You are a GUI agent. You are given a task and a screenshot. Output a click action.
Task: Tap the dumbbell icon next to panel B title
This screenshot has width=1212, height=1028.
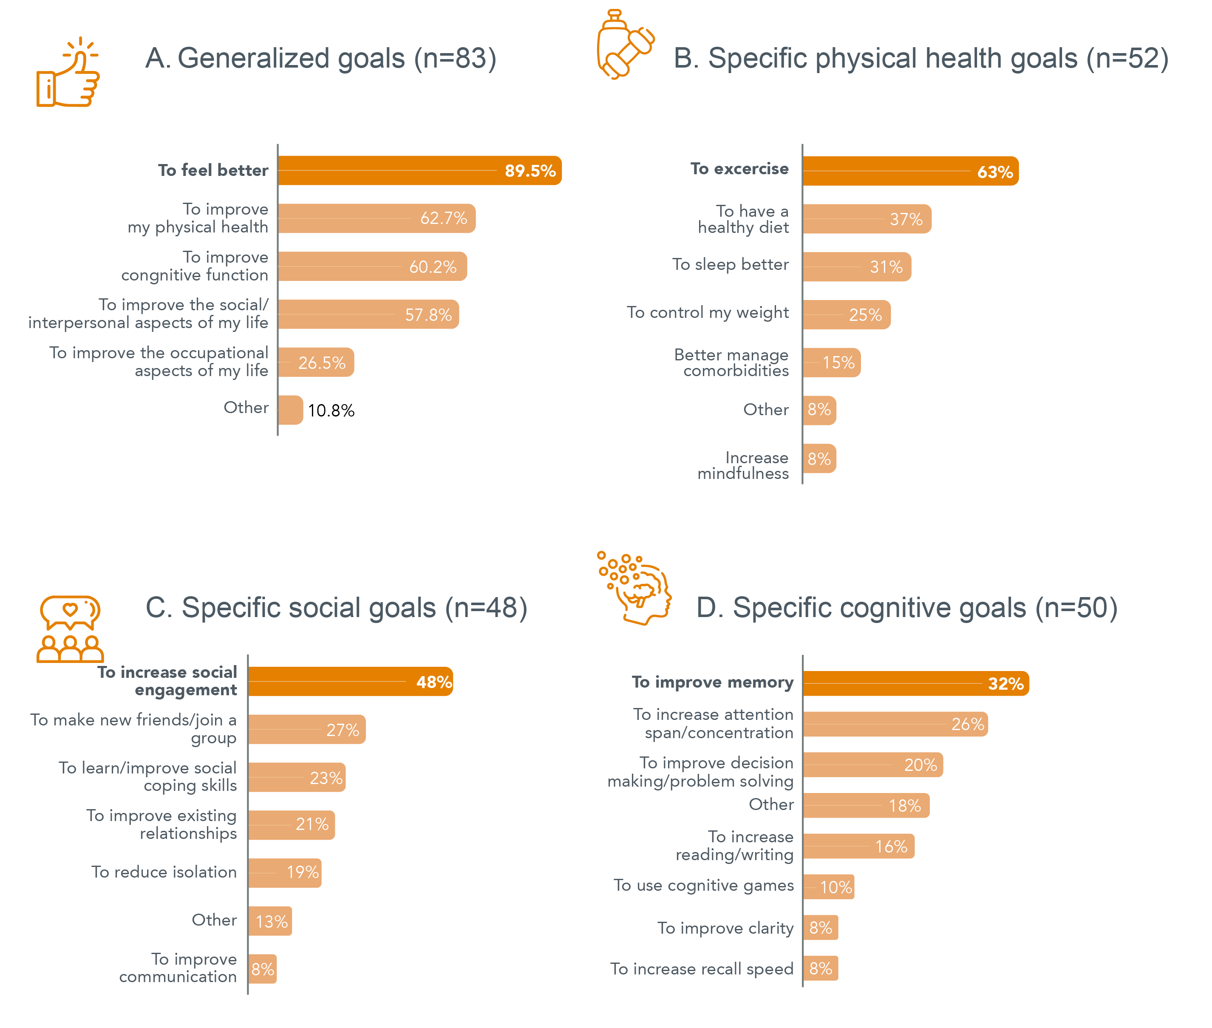625,45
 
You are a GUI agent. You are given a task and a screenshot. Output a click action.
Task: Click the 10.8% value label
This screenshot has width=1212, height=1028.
331,411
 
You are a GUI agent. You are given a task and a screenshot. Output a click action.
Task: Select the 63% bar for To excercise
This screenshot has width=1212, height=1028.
910,171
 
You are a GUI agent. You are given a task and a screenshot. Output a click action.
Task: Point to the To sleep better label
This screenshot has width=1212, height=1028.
730,265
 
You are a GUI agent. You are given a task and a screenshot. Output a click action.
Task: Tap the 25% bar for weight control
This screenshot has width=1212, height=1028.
847,315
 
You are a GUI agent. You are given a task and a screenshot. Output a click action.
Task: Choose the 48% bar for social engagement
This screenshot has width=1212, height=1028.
351,681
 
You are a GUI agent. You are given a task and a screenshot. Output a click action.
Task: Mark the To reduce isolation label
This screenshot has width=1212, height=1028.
164,872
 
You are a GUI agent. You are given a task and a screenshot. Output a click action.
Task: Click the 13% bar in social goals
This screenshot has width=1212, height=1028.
270,921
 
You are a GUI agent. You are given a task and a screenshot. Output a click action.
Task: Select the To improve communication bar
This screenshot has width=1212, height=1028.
263,969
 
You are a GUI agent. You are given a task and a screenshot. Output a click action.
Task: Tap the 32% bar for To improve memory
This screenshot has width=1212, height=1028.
916,683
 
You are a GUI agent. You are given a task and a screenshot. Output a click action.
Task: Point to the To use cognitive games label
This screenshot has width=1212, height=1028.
703,886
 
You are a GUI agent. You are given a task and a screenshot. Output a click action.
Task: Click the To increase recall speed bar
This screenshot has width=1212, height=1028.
821,968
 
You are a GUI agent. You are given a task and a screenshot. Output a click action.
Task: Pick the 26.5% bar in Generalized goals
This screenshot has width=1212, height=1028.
316,362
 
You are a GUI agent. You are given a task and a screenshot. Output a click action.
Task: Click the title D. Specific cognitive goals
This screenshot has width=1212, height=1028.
907,608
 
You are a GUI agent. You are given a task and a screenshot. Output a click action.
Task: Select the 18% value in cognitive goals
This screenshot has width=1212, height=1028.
904,806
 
